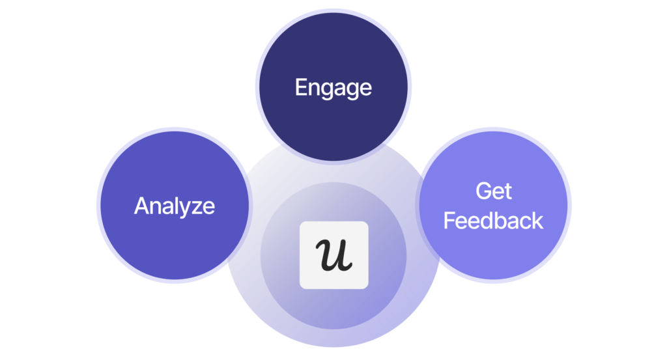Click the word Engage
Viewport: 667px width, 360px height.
pos(333,88)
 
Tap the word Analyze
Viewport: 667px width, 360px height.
pos(174,206)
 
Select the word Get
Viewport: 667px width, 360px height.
pos(493,191)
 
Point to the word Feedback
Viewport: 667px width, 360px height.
pos(493,221)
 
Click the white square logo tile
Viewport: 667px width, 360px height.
pos(333,255)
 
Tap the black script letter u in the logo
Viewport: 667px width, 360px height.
pos(333,255)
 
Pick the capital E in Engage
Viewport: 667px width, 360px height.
pos(301,87)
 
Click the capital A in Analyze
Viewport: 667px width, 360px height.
pos(141,206)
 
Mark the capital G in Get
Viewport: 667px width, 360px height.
pos(483,191)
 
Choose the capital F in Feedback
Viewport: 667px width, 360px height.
pos(449,221)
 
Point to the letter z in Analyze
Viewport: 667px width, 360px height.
pos(193,208)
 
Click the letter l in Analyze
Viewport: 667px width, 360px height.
pos(174,206)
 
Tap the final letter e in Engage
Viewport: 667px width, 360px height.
pos(365,89)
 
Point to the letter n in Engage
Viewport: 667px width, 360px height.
pos(314,89)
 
